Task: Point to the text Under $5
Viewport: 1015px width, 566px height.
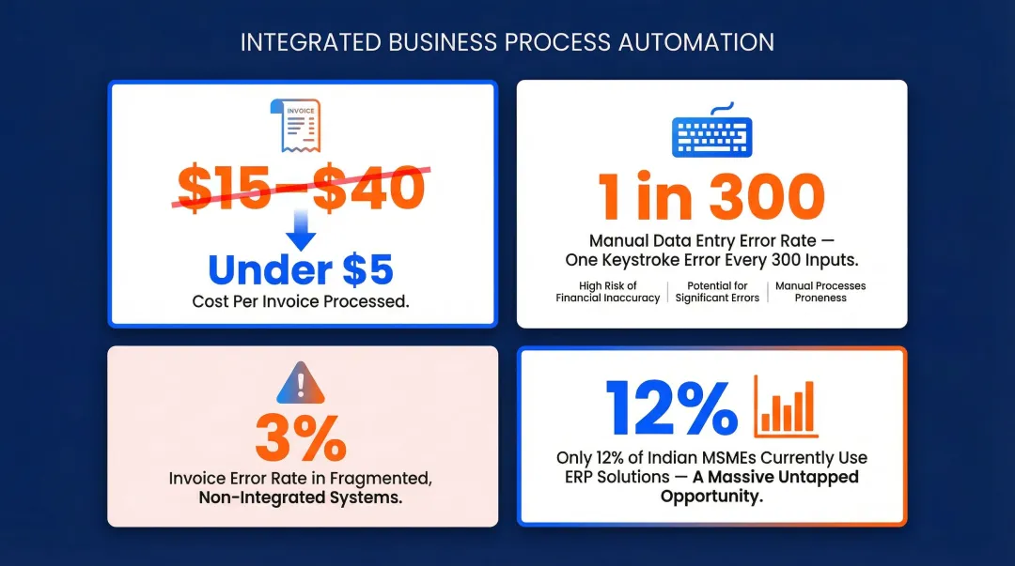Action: [301, 270]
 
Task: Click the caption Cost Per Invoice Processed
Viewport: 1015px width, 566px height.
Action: [301, 302]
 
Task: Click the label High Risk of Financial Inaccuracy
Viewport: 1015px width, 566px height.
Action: [607, 292]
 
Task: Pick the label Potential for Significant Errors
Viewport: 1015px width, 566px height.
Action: [717, 292]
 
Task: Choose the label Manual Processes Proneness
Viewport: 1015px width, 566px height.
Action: [820, 292]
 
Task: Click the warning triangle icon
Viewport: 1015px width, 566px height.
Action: [301, 383]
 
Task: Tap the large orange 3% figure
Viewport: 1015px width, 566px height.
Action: [301, 436]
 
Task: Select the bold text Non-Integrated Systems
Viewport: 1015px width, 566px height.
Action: [301, 498]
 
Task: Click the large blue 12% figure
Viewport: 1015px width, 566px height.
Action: [671, 407]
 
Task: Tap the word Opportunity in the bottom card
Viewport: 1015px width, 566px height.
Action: [711, 496]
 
